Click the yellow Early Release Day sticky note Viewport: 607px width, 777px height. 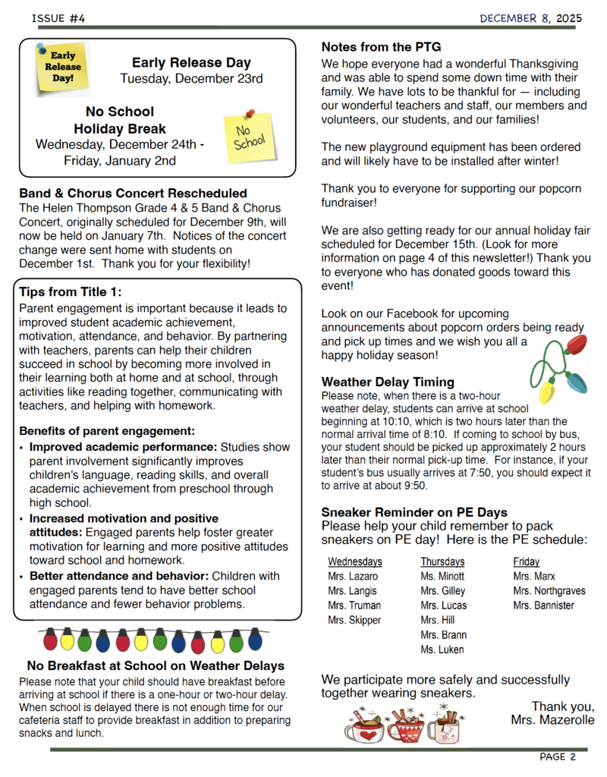pyautogui.click(x=63, y=68)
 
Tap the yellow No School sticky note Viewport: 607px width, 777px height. pyautogui.click(x=250, y=137)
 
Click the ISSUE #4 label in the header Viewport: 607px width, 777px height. pyautogui.click(x=58, y=17)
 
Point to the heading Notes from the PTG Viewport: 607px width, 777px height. pyautogui.click(x=381, y=47)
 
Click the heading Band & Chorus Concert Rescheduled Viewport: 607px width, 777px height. pyautogui.click(x=133, y=193)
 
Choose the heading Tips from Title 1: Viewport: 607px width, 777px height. pyautogui.click(x=70, y=292)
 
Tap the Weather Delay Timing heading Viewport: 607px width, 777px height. pyautogui.click(x=388, y=382)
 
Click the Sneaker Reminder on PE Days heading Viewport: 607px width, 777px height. pyautogui.click(x=414, y=512)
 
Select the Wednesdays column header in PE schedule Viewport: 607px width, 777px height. pyautogui.click(x=354, y=562)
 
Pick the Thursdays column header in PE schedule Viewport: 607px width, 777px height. pyautogui.click(x=442, y=562)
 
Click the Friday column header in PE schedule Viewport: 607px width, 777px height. pyautogui.click(x=527, y=562)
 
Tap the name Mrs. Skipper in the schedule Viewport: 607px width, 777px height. pyautogui.click(x=354, y=620)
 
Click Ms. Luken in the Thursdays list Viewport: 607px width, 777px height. pyautogui.click(x=442, y=650)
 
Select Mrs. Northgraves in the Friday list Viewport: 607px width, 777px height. pyautogui.click(x=549, y=591)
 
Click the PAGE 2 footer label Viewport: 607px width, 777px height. pyautogui.click(x=558, y=757)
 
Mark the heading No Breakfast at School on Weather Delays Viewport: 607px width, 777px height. pyautogui.click(x=155, y=666)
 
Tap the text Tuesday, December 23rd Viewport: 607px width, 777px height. pyautogui.click(x=191, y=78)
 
